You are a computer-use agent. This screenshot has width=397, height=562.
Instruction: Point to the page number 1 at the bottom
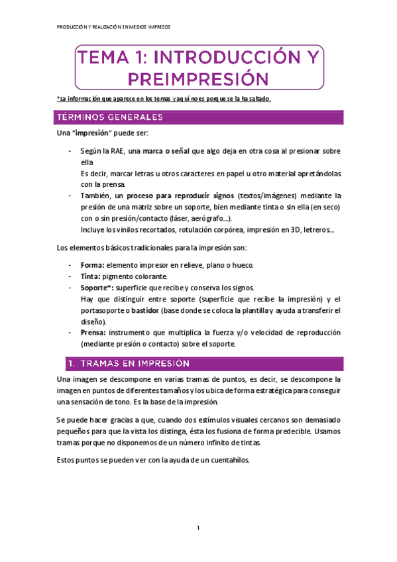(x=198, y=528)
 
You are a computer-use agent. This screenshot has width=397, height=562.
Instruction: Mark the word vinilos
(x=126, y=230)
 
